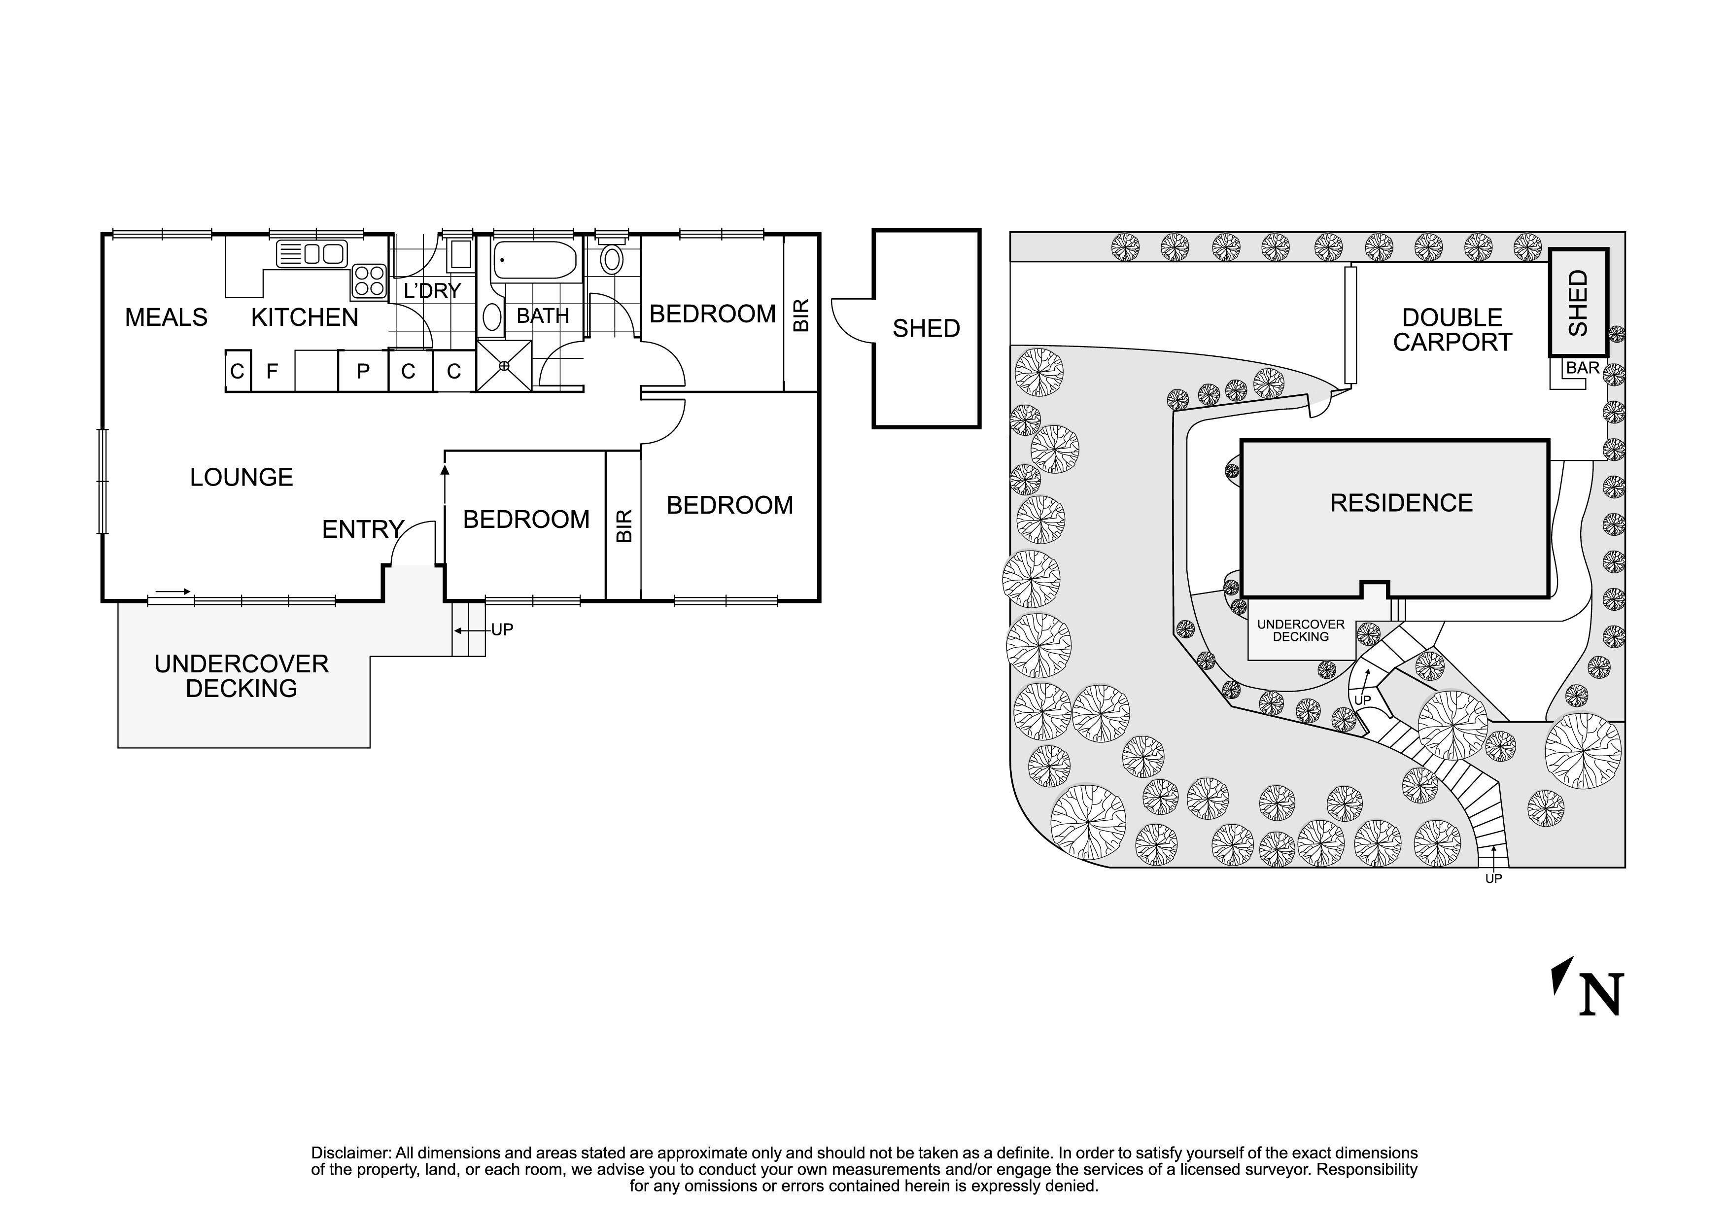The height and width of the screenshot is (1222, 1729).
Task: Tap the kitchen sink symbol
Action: pyautogui.click(x=312, y=254)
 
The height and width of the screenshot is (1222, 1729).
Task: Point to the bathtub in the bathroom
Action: pyautogui.click(x=535, y=260)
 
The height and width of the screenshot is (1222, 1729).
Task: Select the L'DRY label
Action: pyautogui.click(x=432, y=291)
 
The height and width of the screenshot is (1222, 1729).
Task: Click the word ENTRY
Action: pyautogui.click(x=363, y=529)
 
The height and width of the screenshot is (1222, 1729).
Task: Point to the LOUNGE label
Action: pyautogui.click(x=241, y=477)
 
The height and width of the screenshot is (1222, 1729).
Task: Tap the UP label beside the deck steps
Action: pyautogui.click(x=502, y=629)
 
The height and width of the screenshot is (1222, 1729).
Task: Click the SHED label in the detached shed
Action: pyautogui.click(x=926, y=328)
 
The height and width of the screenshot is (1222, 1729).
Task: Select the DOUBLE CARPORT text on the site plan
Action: pyautogui.click(x=1452, y=330)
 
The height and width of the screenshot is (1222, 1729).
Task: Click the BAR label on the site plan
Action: pyautogui.click(x=1583, y=368)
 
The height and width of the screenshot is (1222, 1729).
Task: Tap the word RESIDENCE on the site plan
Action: pyautogui.click(x=1401, y=502)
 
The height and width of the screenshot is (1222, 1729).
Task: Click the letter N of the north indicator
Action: pyautogui.click(x=1601, y=995)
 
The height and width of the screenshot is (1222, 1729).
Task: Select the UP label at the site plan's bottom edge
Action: pyautogui.click(x=1493, y=878)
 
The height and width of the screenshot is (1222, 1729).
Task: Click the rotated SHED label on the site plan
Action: pyautogui.click(x=1578, y=304)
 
